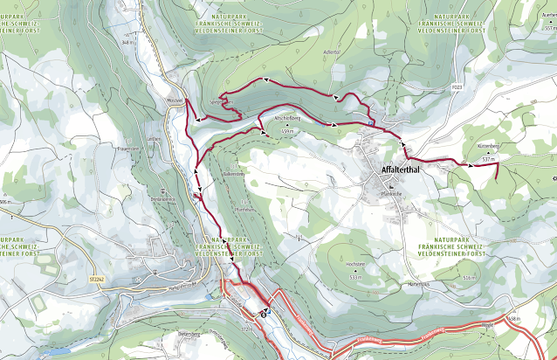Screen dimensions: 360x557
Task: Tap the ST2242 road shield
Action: pyautogui.click(x=97, y=280)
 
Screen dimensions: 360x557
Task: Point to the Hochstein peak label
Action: pyautogui.click(x=354, y=263)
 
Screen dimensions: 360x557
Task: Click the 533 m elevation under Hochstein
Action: pyautogui.click(x=354, y=276)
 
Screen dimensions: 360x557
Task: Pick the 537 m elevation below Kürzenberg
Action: pyautogui.click(x=488, y=161)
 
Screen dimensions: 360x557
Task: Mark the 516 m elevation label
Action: pyautogui.click(x=468, y=277)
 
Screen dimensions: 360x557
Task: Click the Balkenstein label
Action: pyautogui.click(x=236, y=175)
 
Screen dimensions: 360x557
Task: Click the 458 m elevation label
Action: pyautogui.click(x=513, y=319)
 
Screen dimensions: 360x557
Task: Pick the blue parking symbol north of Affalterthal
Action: pyautogui.click(x=371, y=123)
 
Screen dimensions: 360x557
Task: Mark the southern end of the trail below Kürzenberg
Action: pyautogui.click(x=497, y=177)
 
